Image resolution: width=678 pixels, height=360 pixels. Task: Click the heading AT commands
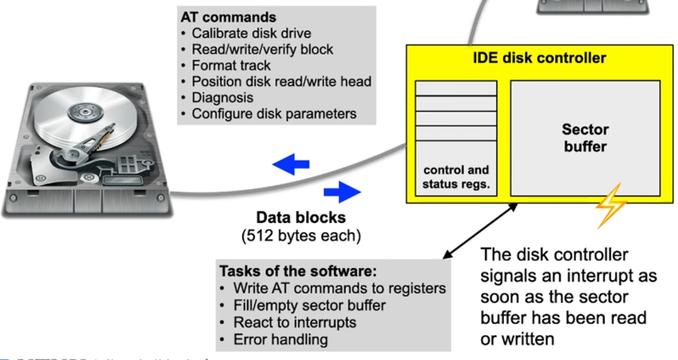(x=228, y=17)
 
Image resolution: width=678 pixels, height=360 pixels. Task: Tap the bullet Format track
(x=231, y=66)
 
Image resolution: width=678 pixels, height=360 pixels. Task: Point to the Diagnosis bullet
(x=223, y=97)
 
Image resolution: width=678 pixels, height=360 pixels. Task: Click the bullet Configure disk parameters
(x=274, y=114)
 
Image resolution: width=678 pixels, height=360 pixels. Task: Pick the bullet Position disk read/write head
(x=281, y=82)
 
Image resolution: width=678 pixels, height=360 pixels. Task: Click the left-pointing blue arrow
(x=291, y=165)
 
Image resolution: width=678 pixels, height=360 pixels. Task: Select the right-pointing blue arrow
(x=342, y=193)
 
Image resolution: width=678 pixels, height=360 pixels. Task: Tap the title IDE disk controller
(x=537, y=57)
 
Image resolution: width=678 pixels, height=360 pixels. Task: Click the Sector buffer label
(x=585, y=138)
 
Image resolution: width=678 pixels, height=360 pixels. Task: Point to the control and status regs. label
(x=456, y=177)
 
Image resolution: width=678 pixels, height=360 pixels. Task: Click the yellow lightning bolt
(x=611, y=206)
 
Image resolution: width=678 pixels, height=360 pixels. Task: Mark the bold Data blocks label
(x=301, y=217)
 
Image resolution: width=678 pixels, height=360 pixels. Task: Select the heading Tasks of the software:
(x=298, y=271)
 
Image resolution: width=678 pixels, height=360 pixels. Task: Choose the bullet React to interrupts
(x=294, y=322)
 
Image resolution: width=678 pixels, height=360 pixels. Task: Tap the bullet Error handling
(x=280, y=340)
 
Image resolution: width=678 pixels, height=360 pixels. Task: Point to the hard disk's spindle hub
(x=82, y=110)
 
